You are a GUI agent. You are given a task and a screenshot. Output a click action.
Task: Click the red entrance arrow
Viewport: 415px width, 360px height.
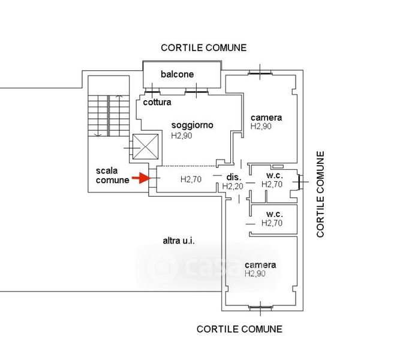pos(140,178)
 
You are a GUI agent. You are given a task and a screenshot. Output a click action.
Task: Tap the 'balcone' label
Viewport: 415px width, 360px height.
pos(177,74)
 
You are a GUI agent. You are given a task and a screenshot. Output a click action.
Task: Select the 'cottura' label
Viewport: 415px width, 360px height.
pos(157,102)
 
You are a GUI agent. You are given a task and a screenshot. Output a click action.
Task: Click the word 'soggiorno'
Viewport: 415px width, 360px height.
pos(193,125)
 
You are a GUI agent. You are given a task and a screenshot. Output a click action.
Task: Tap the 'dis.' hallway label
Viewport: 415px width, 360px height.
pos(233,177)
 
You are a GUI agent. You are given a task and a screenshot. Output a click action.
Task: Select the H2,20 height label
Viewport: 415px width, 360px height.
pos(233,187)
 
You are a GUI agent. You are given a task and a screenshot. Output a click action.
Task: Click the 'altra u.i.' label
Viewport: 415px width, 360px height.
pos(180,241)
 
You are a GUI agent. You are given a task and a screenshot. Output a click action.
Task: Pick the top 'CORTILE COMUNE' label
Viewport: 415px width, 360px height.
pos(203,48)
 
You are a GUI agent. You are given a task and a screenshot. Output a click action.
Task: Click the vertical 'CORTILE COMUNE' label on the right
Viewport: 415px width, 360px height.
pos(320,194)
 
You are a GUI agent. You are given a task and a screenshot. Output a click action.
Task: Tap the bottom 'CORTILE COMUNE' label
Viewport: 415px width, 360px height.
pos(239,329)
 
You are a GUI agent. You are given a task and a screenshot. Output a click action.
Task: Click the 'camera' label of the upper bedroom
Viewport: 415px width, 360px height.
pos(266,117)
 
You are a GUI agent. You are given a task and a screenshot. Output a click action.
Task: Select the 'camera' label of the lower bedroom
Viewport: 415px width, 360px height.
pos(260,265)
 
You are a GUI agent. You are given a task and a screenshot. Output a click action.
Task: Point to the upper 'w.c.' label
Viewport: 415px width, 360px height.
pos(274,175)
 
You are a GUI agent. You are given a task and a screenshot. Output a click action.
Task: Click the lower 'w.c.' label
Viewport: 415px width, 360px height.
pos(274,214)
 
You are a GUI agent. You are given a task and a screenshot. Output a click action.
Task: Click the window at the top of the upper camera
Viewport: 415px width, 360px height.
pos(260,74)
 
